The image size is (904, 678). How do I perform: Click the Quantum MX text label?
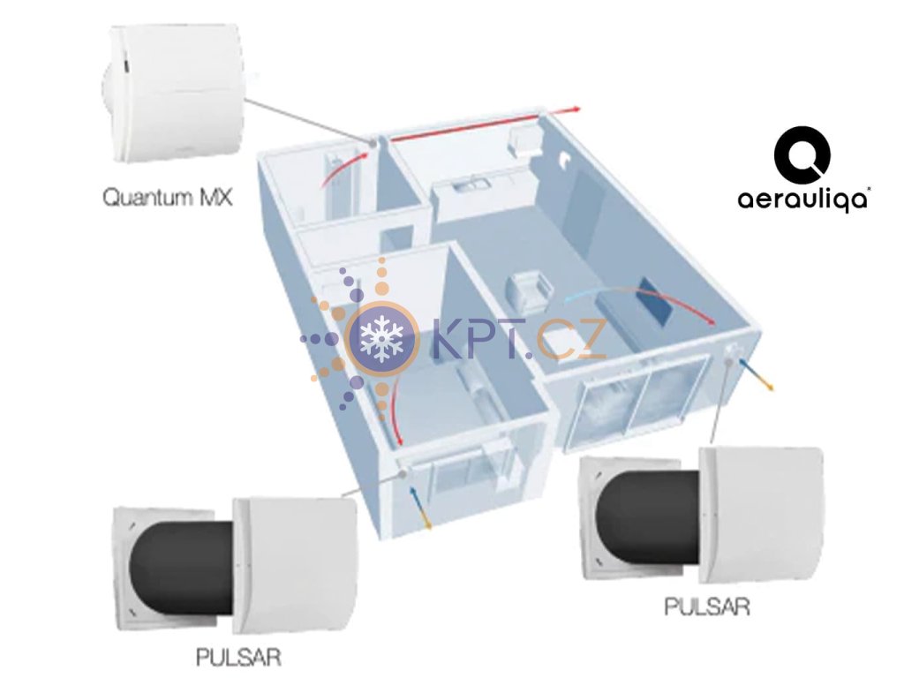click(x=167, y=196)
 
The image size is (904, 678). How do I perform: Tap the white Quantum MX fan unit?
click(x=172, y=92)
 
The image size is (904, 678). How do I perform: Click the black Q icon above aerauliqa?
click(x=802, y=155)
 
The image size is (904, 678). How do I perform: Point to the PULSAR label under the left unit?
click(x=240, y=657)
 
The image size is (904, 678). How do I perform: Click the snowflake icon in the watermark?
click(x=381, y=336)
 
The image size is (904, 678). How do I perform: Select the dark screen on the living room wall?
click(x=657, y=301)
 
